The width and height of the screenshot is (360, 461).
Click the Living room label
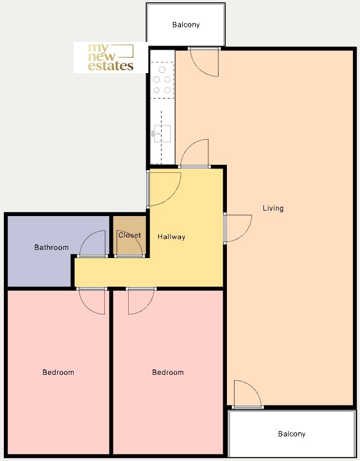(273, 208)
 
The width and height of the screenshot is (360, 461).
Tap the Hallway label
(171, 237)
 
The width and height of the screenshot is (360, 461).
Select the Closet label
(130, 235)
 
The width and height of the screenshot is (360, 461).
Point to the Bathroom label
(51, 247)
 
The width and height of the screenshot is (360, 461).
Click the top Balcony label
(186, 25)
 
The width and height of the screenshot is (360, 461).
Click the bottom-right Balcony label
(292, 434)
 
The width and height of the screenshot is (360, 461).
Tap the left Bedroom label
(58, 372)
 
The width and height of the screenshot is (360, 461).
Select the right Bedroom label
(168, 372)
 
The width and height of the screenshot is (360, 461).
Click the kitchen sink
(161, 134)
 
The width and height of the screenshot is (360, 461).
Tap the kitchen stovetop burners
(162, 80)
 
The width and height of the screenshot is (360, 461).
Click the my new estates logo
(111, 57)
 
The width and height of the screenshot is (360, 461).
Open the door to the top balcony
(204, 62)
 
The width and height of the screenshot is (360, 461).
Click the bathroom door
(92, 244)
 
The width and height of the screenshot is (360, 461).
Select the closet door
(129, 244)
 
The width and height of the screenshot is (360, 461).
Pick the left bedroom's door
(92, 301)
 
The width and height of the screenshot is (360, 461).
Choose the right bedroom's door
(141, 301)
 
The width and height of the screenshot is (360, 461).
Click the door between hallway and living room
(238, 229)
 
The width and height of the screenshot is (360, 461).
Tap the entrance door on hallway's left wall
(164, 189)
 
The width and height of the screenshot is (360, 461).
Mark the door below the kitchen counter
(194, 153)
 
